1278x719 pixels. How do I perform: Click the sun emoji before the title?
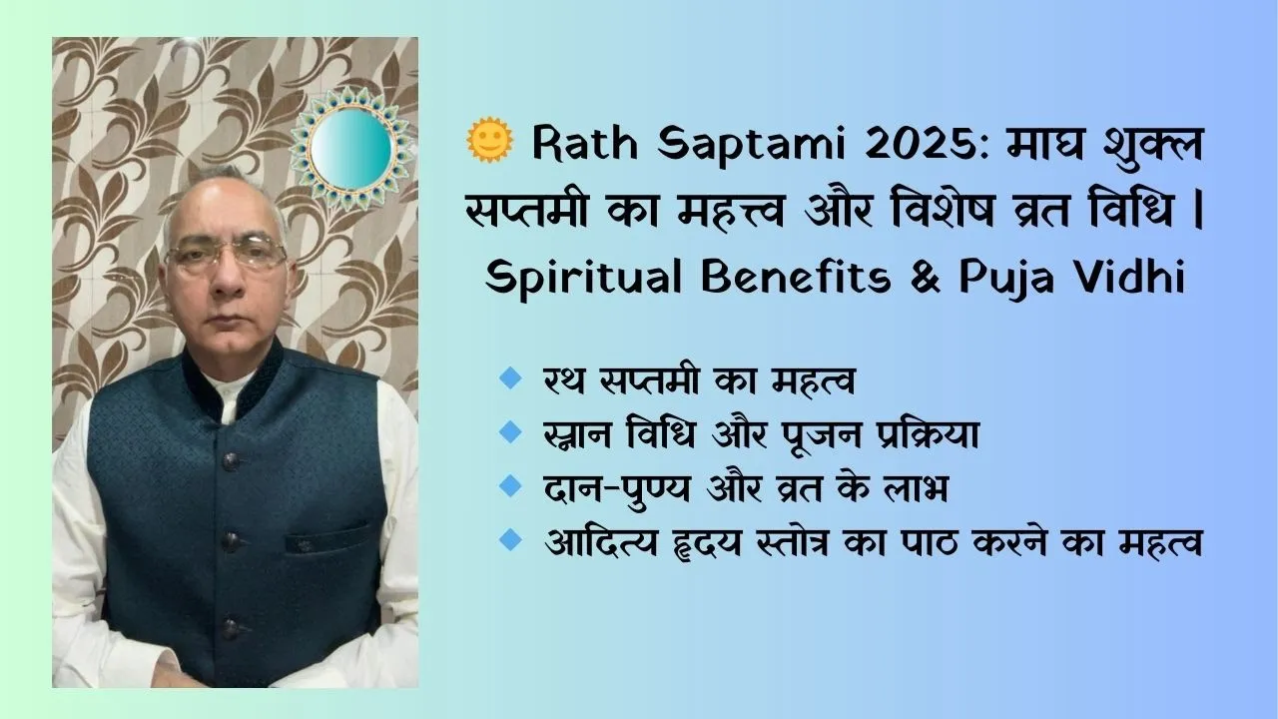point(489,139)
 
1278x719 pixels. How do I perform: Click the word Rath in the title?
point(585,142)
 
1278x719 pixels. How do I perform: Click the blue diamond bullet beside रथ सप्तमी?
point(510,377)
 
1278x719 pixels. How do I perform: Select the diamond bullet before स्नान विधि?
point(510,431)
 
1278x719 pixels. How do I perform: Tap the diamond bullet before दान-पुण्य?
point(510,485)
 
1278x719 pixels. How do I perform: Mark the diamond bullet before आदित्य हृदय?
point(510,540)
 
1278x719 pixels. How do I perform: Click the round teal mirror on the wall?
point(350,148)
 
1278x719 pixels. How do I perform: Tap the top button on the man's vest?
point(231,461)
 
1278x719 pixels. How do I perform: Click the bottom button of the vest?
point(231,628)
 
